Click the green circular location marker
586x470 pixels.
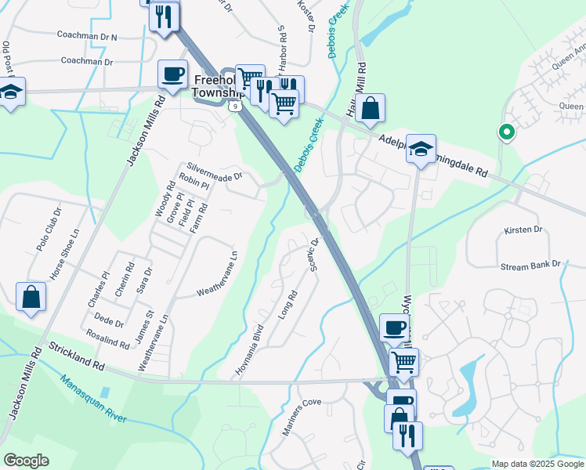point(506,133)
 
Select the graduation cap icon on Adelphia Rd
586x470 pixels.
point(421,149)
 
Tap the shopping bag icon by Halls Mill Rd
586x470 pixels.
point(371,109)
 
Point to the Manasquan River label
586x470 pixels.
point(93,399)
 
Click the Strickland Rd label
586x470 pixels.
point(77,355)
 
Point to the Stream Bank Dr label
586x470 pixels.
point(531,266)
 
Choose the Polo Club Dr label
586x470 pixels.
point(48,230)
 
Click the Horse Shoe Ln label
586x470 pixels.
point(65,255)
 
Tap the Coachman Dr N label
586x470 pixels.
point(87,36)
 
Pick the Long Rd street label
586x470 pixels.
point(288,304)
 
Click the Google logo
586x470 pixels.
point(26,461)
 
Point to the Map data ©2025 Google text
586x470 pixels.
point(536,464)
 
